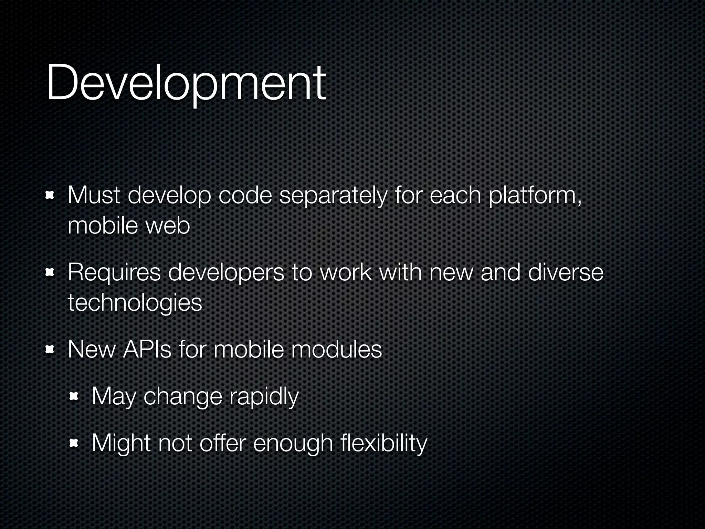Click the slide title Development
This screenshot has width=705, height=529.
[x=186, y=83]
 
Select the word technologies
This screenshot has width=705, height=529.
[x=135, y=303]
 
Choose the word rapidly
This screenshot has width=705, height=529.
[x=264, y=397]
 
